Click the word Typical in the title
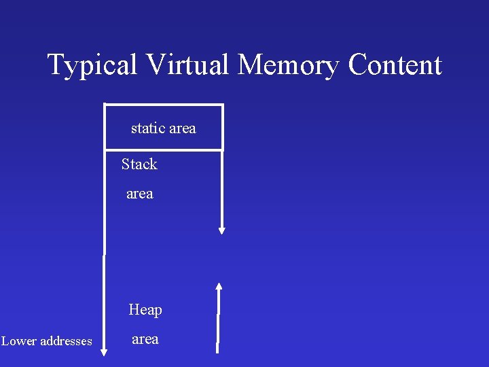click(x=93, y=66)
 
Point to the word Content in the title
click(x=395, y=65)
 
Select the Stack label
click(x=139, y=164)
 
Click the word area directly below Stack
click(x=140, y=194)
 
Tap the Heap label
click(x=145, y=310)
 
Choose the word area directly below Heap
click(x=145, y=339)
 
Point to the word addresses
click(x=67, y=341)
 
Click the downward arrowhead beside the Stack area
click(x=221, y=230)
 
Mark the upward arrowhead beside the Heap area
click(x=219, y=286)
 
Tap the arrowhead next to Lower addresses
click(x=104, y=351)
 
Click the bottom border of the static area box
click(x=164, y=150)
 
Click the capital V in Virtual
click(x=154, y=65)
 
